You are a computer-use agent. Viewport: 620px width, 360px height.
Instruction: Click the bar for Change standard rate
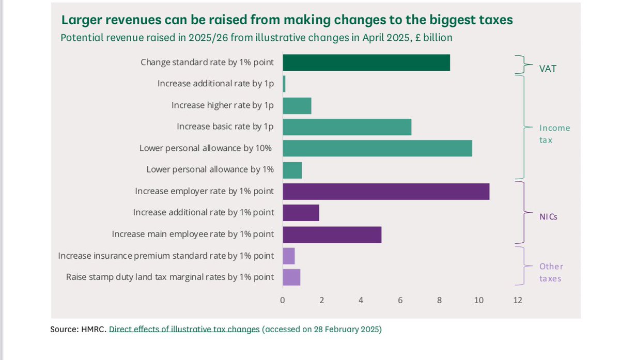366,62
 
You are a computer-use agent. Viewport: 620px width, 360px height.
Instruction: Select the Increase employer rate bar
385,191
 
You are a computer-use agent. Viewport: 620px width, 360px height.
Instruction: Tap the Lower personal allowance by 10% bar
377,148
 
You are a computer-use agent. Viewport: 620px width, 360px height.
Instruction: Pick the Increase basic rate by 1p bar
347,127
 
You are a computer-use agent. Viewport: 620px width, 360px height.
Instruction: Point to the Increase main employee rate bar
332,234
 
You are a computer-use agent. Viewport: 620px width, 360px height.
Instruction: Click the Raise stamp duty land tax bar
291,277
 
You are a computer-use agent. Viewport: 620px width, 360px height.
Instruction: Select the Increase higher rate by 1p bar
297,105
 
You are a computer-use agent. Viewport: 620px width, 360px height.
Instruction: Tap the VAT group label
548,68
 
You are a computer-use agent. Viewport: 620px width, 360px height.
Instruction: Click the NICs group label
548,217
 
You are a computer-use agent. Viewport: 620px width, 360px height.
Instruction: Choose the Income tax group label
554,133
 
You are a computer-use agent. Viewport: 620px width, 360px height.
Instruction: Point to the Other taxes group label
551,272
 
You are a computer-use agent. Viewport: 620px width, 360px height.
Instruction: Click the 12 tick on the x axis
518,300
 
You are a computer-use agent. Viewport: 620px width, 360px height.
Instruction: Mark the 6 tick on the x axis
400,300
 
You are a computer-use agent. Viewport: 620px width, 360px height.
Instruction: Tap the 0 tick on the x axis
283,300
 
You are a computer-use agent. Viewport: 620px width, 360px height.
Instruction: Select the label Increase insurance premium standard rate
166,256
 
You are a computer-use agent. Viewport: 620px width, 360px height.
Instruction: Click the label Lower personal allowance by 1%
210,169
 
